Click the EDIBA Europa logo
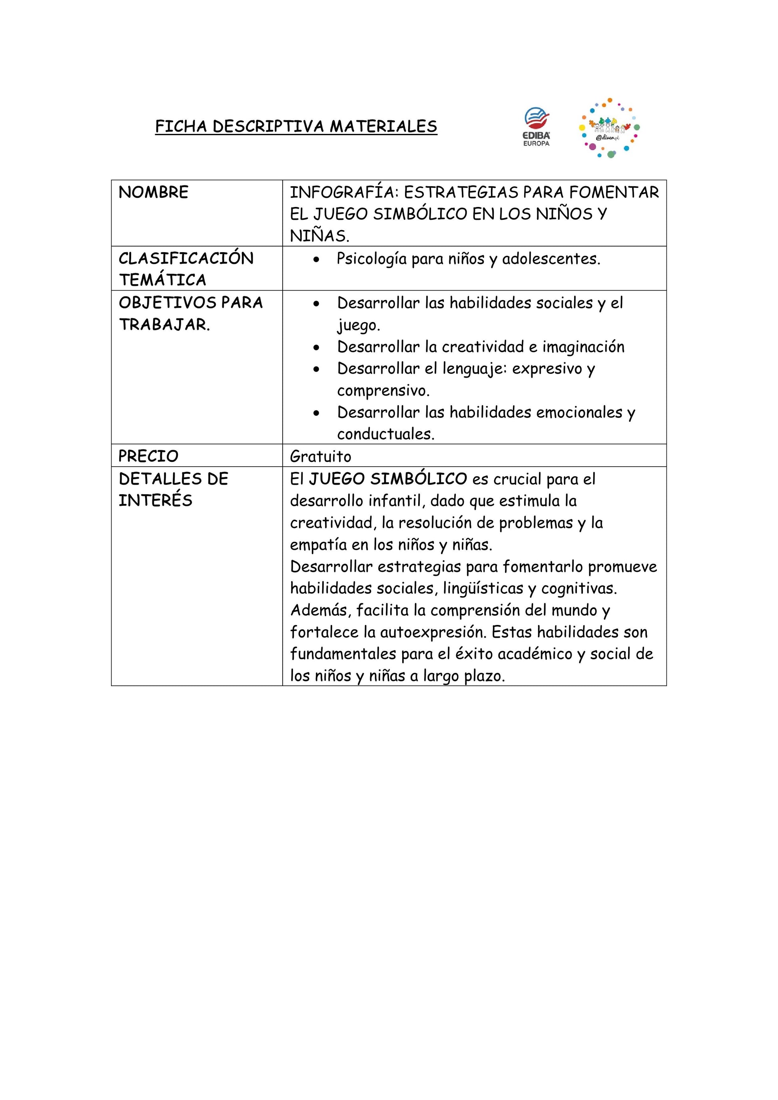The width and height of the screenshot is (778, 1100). (537, 127)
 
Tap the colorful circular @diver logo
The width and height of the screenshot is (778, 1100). (609, 128)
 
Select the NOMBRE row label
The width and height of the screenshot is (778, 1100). (154, 192)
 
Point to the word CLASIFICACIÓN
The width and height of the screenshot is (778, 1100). (186, 258)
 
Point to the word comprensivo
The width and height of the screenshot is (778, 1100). (383, 391)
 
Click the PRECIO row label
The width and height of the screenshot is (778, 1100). (148, 456)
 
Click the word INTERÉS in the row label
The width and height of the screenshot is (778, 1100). (155, 501)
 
